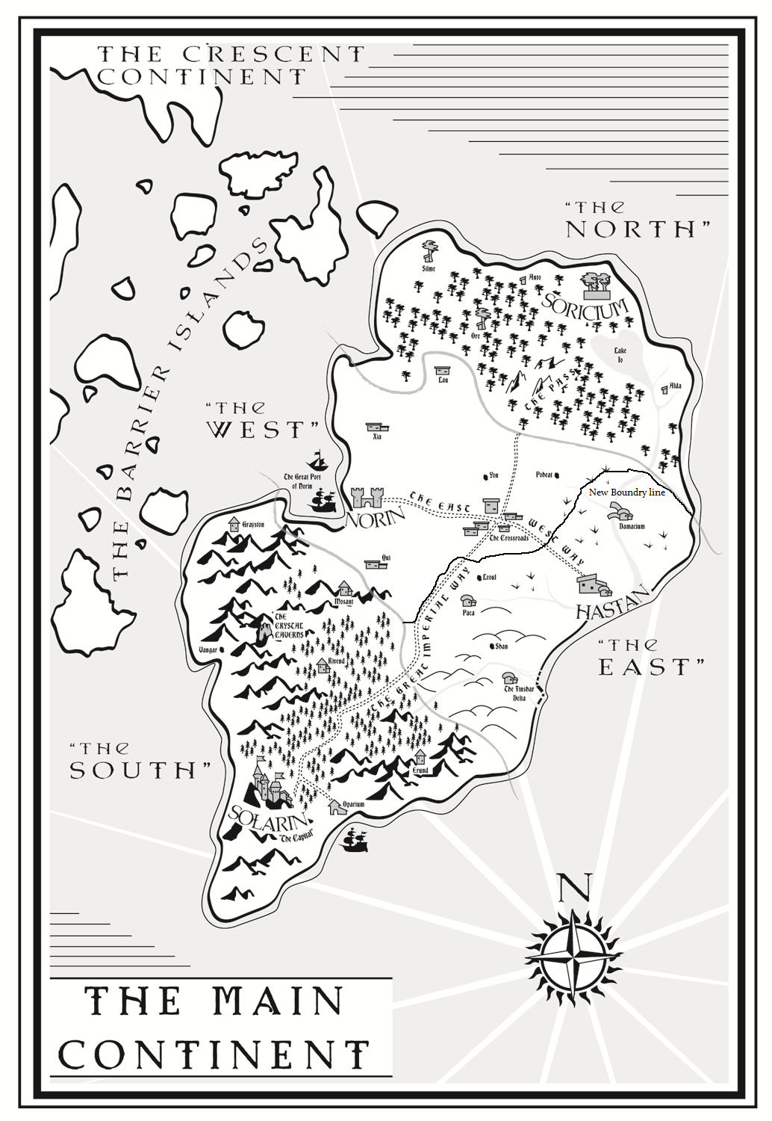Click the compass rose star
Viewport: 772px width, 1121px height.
pyautogui.click(x=573, y=957)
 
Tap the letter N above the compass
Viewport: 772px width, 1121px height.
pyautogui.click(x=574, y=887)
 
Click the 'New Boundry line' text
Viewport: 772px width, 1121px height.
pyautogui.click(x=626, y=492)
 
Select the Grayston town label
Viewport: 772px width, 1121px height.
pyautogui.click(x=253, y=525)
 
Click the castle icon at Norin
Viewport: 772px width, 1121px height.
pyautogui.click(x=367, y=496)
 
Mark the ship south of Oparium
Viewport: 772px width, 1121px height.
pyautogui.click(x=355, y=840)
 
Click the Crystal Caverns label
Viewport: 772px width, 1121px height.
pyautogui.click(x=289, y=629)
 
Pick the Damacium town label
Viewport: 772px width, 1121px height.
pyautogui.click(x=632, y=526)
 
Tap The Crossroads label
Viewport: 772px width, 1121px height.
pyautogui.click(x=509, y=537)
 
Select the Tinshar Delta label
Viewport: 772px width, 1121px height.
pyautogui.click(x=519, y=693)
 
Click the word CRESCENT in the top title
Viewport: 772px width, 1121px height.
pyautogui.click(x=273, y=54)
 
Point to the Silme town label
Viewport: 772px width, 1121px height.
pyautogui.click(x=429, y=268)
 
